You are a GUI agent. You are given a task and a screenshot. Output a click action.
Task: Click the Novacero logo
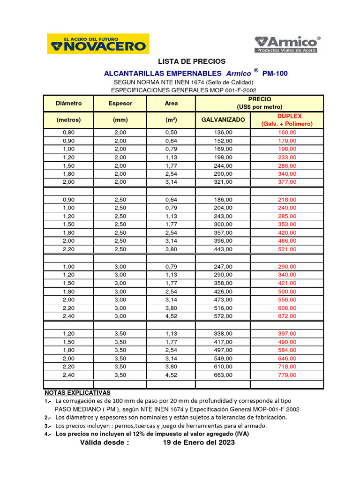[98, 44]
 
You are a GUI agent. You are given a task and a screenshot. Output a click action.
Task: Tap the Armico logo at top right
[287, 44]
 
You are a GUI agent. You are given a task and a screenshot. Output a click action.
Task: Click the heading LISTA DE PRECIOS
[191, 61]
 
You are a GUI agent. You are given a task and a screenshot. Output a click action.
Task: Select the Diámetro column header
[68, 103]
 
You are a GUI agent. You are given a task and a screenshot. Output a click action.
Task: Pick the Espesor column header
[120, 103]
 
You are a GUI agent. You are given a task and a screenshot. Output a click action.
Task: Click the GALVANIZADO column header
[223, 120]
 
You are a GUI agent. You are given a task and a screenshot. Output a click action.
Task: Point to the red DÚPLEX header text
[286, 116]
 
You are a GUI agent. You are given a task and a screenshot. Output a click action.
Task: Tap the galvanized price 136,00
[223, 133]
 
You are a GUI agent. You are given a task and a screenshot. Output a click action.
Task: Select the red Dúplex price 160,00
[286, 133]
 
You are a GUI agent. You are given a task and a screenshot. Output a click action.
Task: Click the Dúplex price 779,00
[286, 375]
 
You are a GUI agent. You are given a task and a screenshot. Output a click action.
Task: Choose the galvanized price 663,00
[223, 375]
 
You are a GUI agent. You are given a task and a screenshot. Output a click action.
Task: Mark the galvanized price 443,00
[223, 249]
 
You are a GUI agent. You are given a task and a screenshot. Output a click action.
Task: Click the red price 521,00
[286, 249]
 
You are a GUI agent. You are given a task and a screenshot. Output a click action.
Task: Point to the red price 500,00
[286, 292]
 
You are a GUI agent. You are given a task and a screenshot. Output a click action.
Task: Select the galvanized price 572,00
[223, 316]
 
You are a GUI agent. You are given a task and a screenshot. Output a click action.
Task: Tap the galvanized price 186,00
[223, 200]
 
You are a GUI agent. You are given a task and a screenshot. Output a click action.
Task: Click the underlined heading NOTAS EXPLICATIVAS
[77, 392]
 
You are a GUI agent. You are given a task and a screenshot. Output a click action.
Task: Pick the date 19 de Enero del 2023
[199, 442]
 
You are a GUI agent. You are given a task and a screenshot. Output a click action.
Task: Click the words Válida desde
[104, 442]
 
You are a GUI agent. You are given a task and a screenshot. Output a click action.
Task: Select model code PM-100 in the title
[275, 73]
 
